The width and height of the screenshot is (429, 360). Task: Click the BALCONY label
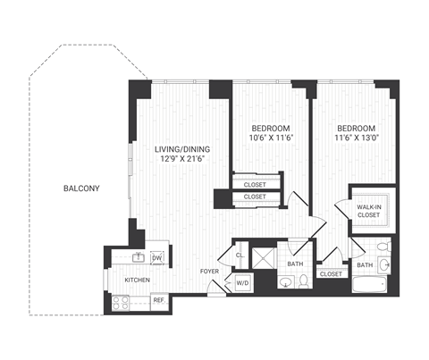click(80, 188)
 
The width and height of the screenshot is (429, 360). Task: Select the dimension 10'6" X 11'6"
click(269, 138)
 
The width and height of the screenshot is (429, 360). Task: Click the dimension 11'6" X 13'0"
click(355, 138)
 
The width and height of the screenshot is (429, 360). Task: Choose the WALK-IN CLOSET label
click(370, 211)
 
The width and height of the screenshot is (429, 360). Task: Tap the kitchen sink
click(139, 258)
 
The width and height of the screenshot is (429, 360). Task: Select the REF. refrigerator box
click(158, 300)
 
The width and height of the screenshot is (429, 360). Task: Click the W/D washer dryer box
click(242, 284)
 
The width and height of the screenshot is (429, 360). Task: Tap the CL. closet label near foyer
click(240, 255)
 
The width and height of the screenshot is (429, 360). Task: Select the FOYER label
click(209, 271)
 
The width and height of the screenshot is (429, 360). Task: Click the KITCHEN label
click(136, 280)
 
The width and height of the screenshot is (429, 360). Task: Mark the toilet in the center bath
click(303, 282)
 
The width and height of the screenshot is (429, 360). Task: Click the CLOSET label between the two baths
click(331, 274)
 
